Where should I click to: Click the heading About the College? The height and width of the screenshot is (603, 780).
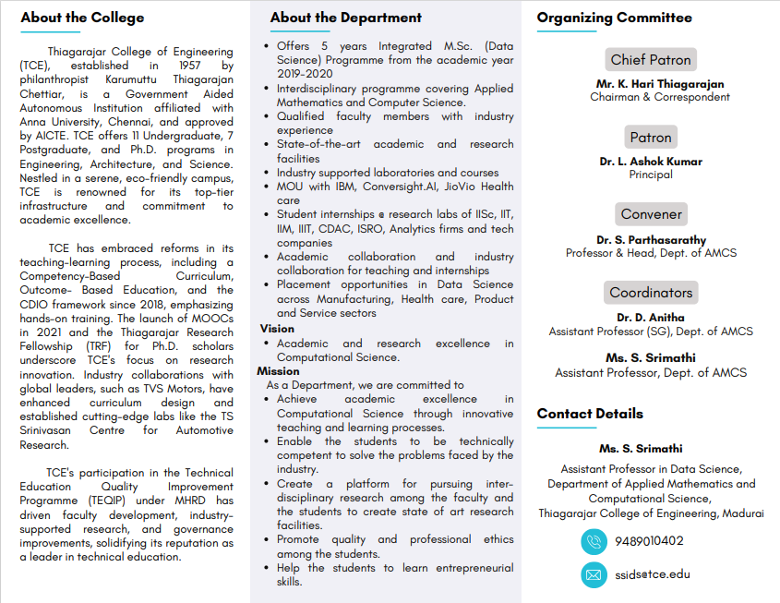click(x=82, y=18)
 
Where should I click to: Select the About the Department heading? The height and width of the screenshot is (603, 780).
click(x=345, y=18)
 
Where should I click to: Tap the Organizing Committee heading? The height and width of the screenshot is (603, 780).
click(x=614, y=18)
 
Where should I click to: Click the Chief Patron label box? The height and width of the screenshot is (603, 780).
click(x=651, y=60)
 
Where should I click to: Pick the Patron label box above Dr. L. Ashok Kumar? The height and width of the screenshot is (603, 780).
click(x=651, y=138)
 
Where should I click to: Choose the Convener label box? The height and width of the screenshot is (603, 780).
click(x=651, y=214)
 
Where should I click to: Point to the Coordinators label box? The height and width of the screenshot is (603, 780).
click(x=651, y=293)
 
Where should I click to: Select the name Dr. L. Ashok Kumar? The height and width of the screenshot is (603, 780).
click(x=651, y=162)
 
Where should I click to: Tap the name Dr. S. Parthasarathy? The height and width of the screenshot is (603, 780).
click(x=651, y=240)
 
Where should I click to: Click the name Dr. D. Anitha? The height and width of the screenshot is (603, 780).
click(x=651, y=318)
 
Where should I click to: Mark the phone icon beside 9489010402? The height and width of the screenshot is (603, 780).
click(x=594, y=541)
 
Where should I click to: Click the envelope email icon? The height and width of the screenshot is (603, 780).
click(x=594, y=574)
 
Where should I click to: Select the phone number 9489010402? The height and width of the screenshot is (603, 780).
click(x=649, y=541)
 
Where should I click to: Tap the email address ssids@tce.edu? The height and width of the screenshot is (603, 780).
click(x=652, y=574)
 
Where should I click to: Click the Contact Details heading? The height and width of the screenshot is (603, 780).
click(x=590, y=414)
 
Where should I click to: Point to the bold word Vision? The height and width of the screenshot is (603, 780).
click(x=277, y=329)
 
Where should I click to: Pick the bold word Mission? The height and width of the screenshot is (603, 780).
click(x=280, y=371)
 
